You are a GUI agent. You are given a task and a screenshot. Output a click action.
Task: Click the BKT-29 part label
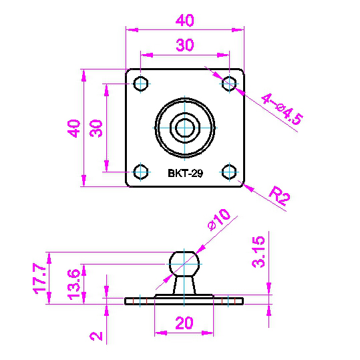185,173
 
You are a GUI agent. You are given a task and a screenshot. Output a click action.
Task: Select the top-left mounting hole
141,83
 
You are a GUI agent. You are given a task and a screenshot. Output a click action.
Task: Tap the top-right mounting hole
229,83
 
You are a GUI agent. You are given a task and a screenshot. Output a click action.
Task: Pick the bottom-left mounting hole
141,172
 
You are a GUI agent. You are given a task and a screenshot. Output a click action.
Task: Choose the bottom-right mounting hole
229,172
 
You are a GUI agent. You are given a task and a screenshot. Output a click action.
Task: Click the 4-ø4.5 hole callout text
282,110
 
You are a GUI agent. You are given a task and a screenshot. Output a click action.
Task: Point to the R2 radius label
279,196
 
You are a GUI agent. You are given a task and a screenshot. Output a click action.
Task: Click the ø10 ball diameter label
218,219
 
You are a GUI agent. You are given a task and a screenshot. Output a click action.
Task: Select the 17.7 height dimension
40,279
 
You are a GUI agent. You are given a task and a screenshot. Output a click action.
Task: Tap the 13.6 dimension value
74,285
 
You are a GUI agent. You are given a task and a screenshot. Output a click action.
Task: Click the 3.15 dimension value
258,252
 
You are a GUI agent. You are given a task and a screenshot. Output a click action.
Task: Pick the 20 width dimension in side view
184,323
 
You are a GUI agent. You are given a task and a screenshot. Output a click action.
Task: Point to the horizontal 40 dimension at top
185,20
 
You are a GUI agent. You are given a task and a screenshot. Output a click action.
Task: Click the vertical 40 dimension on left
74,128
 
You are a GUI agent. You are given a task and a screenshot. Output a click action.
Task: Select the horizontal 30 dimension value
185,45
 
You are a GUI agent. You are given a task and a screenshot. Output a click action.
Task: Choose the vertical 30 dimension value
96,128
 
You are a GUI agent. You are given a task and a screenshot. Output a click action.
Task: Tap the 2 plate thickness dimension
96,336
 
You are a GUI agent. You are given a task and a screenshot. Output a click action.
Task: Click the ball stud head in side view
184,264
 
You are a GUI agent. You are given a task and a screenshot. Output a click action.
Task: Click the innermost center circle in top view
185,128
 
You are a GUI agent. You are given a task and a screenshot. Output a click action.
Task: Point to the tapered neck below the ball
184,285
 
